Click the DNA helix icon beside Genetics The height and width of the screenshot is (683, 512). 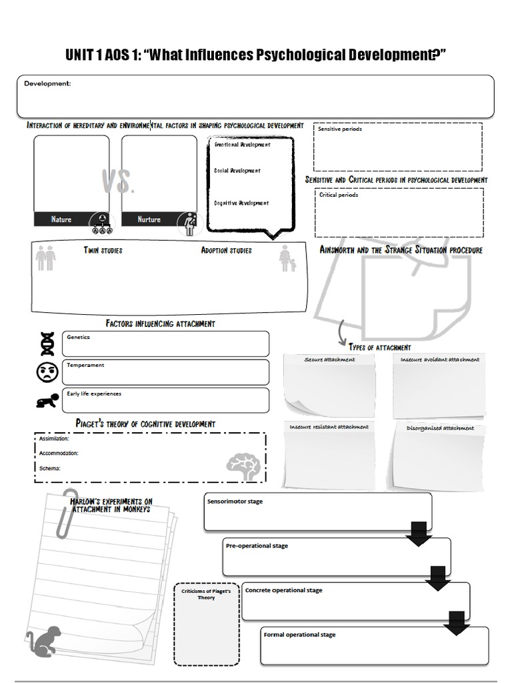47,344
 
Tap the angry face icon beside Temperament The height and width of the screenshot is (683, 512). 47,372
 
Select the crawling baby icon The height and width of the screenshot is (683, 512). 47,400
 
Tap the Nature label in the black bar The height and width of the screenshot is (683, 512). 61,219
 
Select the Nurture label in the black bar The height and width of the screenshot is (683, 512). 149,219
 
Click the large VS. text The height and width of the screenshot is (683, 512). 119,181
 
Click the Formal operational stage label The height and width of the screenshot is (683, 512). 299,634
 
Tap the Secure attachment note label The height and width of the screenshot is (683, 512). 329,360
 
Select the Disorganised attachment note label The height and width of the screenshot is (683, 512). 440,428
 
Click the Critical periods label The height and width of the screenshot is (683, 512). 339,195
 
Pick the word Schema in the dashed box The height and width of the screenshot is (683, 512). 49,468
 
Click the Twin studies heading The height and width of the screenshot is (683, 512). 103,251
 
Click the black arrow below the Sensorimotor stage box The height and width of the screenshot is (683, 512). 419,534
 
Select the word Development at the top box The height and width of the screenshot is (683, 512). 47,83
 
